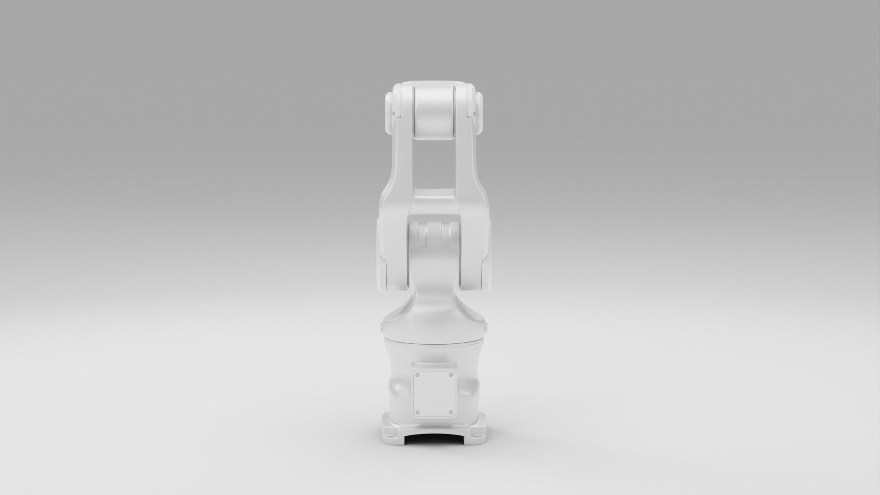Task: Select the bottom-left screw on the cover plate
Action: pyautogui.click(x=417, y=412)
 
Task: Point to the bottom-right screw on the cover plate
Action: pyautogui.click(x=451, y=412)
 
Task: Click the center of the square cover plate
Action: pyautogui.click(x=434, y=394)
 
